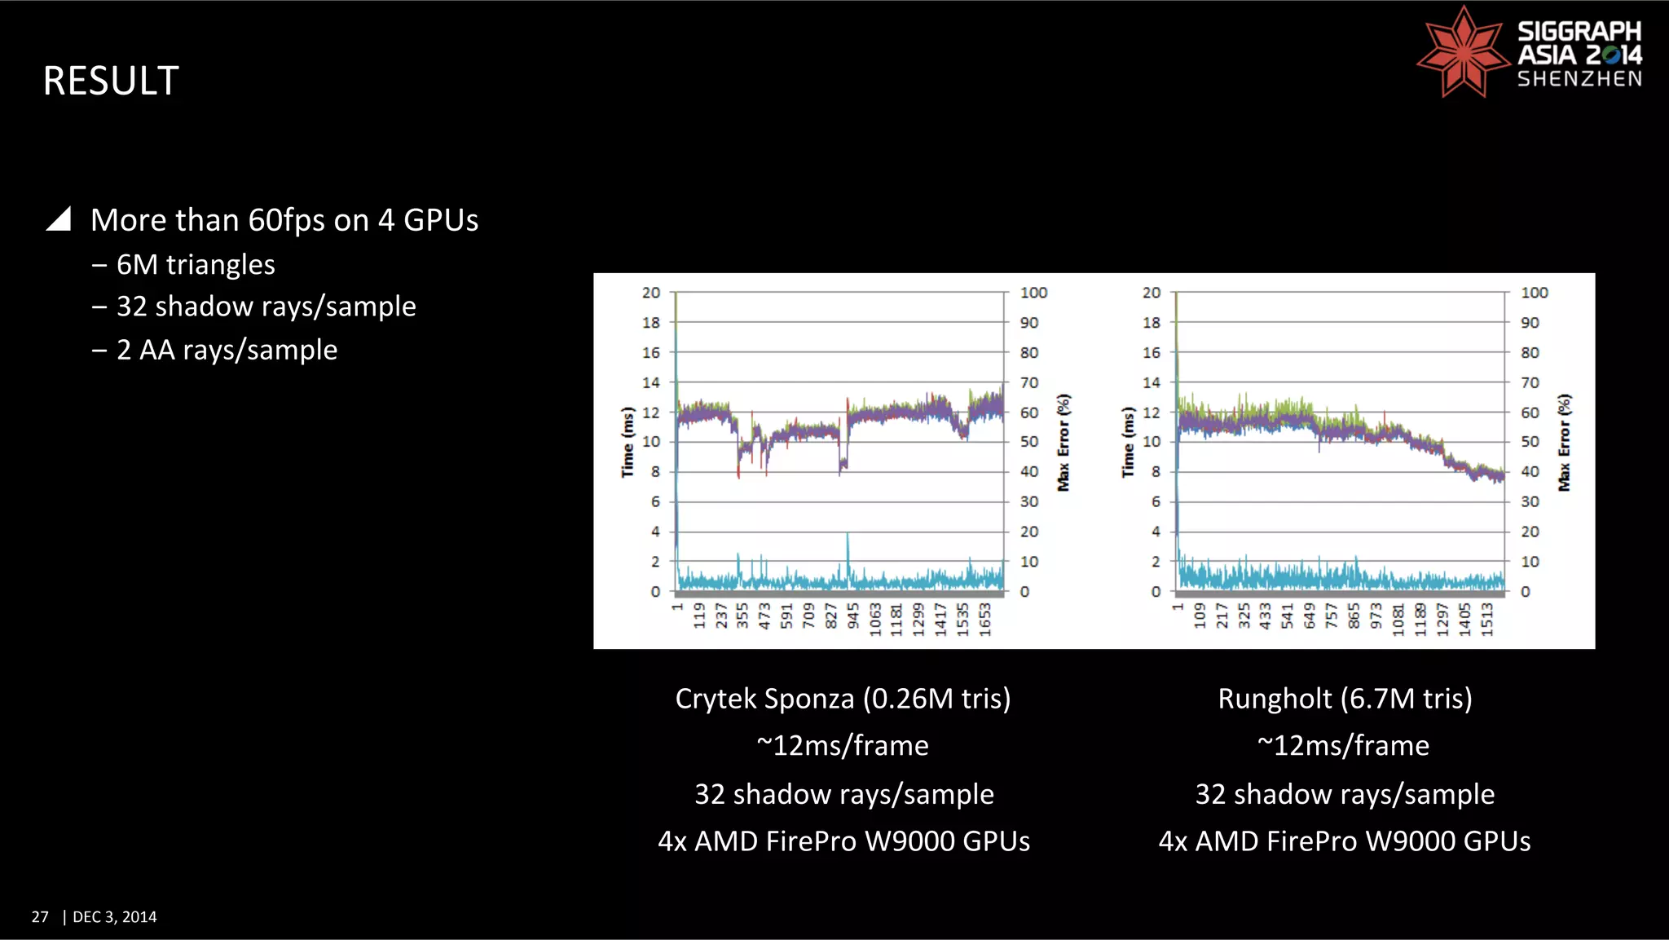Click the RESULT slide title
(x=111, y=81)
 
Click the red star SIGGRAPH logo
(x=1463, y=52)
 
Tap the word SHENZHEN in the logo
(x=1579, y=79)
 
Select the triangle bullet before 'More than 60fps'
(x=59, y=219)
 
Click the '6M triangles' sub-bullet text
(x=196, y=265)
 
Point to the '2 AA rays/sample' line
(x=227, y=350)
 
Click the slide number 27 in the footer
(x=40, y=917)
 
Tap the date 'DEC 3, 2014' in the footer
(x=115, y=917)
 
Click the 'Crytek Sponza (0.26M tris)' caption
(x=843, y=699)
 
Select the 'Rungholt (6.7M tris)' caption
(x=1345, y=699)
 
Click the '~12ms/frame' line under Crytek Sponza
(x=843, y=746)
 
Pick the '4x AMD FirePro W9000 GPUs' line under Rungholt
(x=1345, y=841)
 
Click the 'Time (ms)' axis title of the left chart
(x=628, y=442)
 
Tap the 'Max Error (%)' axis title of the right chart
(x=1564, y=442)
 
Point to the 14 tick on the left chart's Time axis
(x=651, y=382)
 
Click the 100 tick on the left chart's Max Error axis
(x=1033, y=293)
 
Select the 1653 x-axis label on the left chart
(x=984, y=619)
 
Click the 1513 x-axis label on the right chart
(x=1486, y=619)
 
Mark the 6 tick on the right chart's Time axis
(x=1155, y=502)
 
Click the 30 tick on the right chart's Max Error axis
(x=1530, y=502)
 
